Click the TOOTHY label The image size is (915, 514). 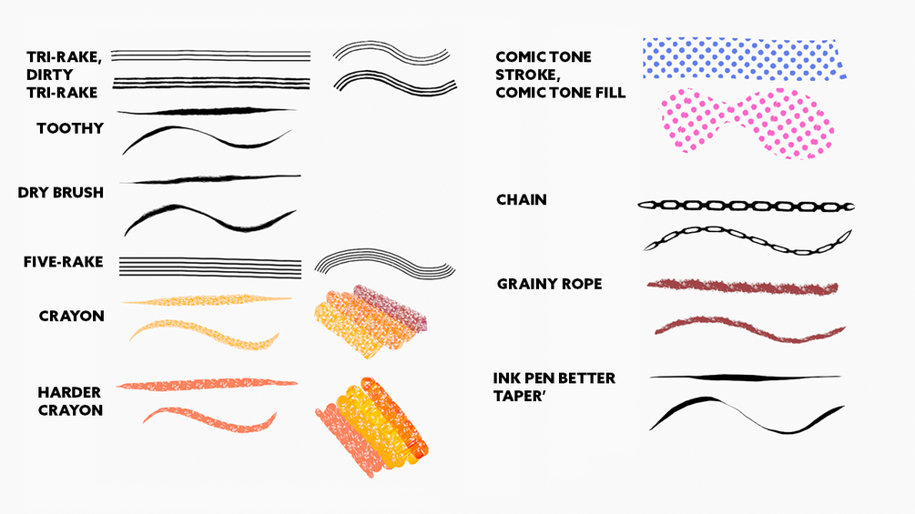(x=70, y=128)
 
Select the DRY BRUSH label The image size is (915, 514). (x=61, y=192)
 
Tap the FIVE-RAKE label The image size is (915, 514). (x=63, y=262)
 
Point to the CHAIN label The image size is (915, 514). (x=522, y=199)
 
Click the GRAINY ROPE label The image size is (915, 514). (x=549, y=284)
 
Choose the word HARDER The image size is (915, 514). (x=69, y=392)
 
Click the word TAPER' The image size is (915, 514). (x=519, y=396)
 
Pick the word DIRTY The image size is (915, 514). (x=49, y=75)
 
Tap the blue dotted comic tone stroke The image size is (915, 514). (x=744, y=59)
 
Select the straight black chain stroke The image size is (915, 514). (x=746, y=206)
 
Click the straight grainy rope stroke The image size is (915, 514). (x=742, y=287)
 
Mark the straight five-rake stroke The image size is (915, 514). (x=210, y=267)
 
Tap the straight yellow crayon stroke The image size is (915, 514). (x=208, y=300)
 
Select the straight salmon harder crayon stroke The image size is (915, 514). (x=208, y=385)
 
